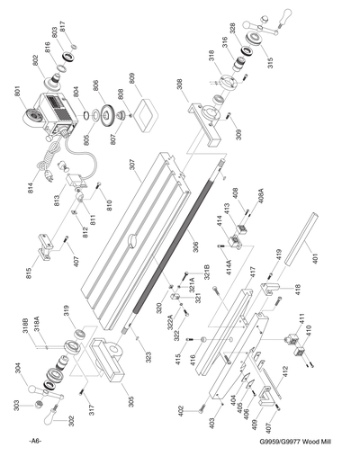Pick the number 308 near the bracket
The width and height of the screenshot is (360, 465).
tap(178, 82)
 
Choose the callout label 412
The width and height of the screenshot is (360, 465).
tap(284, 371)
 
